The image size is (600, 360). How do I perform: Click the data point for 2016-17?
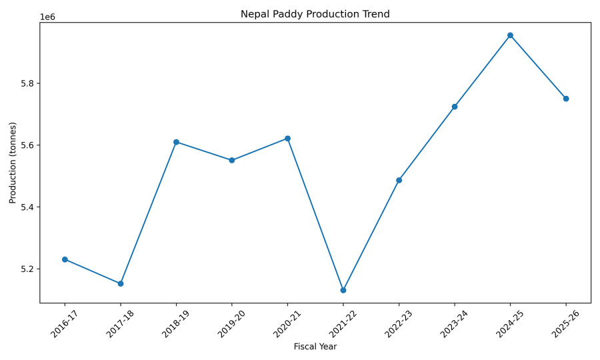[65, 259]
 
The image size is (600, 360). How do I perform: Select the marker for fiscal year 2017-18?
[121, 284]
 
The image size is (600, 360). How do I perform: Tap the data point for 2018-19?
[176, 142]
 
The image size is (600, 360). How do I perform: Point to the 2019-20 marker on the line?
[232, 160]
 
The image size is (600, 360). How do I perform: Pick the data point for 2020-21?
[287, 139]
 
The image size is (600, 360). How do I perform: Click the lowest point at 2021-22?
[343, 291]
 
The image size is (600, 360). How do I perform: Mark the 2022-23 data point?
[399, 180]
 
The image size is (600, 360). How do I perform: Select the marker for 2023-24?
[455, 107]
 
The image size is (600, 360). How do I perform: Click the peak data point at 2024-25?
[510, 35]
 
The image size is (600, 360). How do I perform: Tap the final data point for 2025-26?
[566, 99]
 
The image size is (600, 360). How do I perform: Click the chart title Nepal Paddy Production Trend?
[315, 14]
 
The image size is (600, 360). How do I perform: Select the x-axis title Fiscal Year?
[315, 347]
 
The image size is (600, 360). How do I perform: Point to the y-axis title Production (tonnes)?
[13, 163]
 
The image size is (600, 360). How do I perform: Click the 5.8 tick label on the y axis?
[27, 83]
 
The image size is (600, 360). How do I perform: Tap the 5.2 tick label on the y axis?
[27, 269]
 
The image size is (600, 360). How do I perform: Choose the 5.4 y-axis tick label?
[27, 207]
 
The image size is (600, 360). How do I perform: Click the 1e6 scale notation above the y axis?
[47, 17]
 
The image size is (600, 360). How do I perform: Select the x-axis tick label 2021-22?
[339, 322]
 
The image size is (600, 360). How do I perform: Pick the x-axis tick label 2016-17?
[61, 322]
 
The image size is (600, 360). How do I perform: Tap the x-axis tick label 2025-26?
[562, 322]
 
